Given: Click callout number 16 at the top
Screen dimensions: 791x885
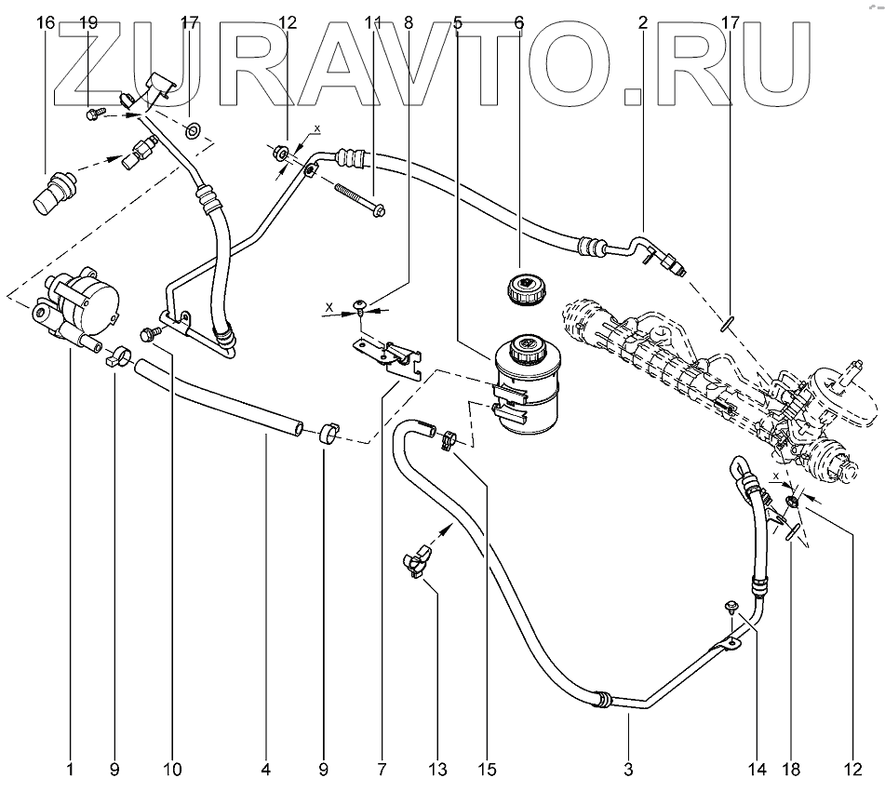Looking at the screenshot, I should click(46, 22).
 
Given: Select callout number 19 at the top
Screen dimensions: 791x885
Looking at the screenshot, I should click(88, 22).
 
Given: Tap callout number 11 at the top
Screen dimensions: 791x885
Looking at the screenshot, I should click(374, 22).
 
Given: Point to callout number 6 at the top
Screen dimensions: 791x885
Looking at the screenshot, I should click(518, 22).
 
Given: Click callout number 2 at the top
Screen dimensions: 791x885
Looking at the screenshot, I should click(642, 22).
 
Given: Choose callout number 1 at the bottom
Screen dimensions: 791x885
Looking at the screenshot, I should click(70, 770).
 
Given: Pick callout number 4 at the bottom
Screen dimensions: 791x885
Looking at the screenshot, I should click(265, 770).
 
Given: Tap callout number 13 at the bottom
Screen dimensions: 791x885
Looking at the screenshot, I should click(437, 770).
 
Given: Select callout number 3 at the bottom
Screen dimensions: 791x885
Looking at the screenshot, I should click(628, 770).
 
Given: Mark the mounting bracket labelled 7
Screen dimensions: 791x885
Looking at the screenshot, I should click(386, 356).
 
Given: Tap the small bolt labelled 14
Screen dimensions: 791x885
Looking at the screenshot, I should click(732, 609).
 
